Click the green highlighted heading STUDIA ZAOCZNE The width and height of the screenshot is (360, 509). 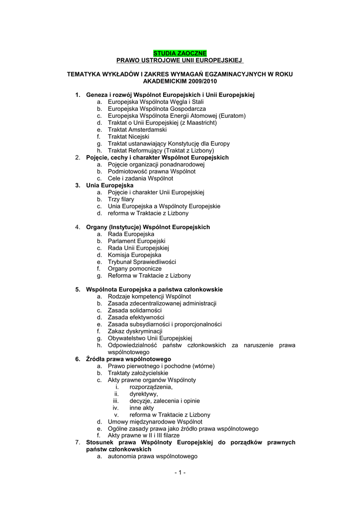click(x=180, y=53)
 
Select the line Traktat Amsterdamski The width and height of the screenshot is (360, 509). click(x=134, y=129)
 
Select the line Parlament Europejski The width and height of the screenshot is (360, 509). click(x=137, y=241)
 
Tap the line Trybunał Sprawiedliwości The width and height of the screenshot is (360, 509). click(x=142, y=261)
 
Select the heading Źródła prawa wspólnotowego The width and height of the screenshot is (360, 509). click(x=128, y=359)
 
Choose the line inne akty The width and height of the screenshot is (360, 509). click(x=142, y=408)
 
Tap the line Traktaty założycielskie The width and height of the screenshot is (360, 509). click(x=138, y=373)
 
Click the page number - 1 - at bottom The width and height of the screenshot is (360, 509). click(x=180, y=472)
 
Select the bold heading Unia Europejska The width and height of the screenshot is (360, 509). click(x=107, y=185)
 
